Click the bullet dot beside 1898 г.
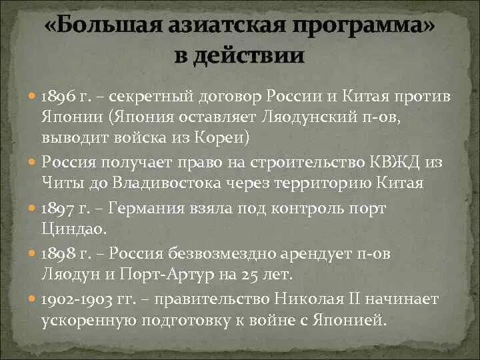click(33, 253)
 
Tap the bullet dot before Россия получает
click(33, 163)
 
